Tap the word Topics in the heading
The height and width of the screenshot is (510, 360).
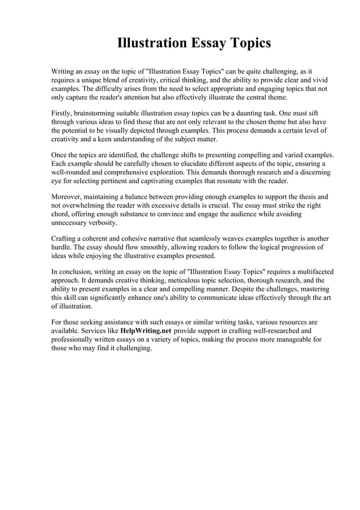247,43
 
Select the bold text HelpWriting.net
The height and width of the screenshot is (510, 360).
146,330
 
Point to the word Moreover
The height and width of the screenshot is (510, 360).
68,197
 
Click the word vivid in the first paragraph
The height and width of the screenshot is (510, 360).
318,80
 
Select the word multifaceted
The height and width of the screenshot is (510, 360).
311,272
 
